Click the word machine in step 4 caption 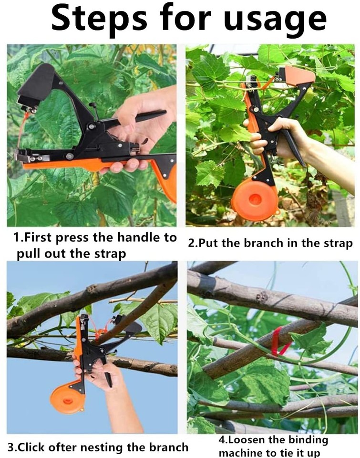(241, 452)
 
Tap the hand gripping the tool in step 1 (134, 124)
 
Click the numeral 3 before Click (10, 448)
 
